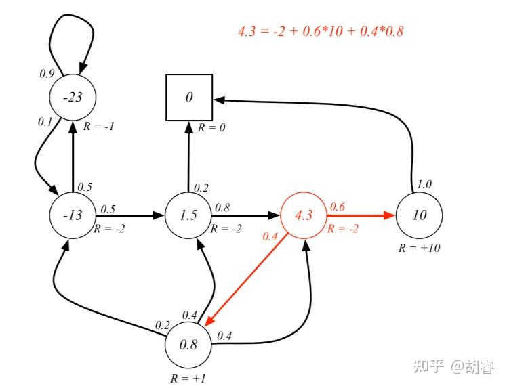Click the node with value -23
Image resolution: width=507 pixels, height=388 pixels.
point(73,98)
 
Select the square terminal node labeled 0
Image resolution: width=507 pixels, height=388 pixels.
point(189,98)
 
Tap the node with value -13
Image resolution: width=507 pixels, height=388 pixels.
point(73,215)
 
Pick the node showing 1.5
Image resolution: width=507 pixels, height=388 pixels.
point(189,215)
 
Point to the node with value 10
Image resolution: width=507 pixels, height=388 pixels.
point(419,215)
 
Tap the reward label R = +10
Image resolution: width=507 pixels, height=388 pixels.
point(419,248)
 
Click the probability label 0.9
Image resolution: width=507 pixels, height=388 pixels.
point(47,73)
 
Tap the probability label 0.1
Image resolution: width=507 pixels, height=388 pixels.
point(45,123)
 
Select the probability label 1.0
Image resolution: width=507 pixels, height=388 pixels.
point(424,184)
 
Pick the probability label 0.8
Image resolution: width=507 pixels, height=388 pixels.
point(222,206)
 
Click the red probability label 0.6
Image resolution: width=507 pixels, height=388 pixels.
point(337,206)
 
